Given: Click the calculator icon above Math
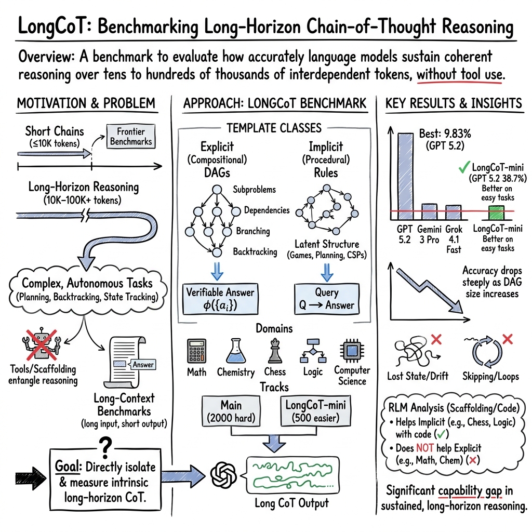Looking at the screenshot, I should pyautogui.click(x=196, y=352).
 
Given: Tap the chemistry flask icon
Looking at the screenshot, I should pyautogui.click(x=235, y=350).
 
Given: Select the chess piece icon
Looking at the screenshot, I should pyautogui.click(x=275, y=350).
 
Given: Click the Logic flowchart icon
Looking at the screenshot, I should pyautogui.click(x=313, y=351).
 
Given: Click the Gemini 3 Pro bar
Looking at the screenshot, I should pyautogui.click(x=429, y=212).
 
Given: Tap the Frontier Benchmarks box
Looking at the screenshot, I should pyautogui.click(x=130, y=136).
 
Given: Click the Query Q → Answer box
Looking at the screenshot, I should pyautogui.click(x=326, y=299).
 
